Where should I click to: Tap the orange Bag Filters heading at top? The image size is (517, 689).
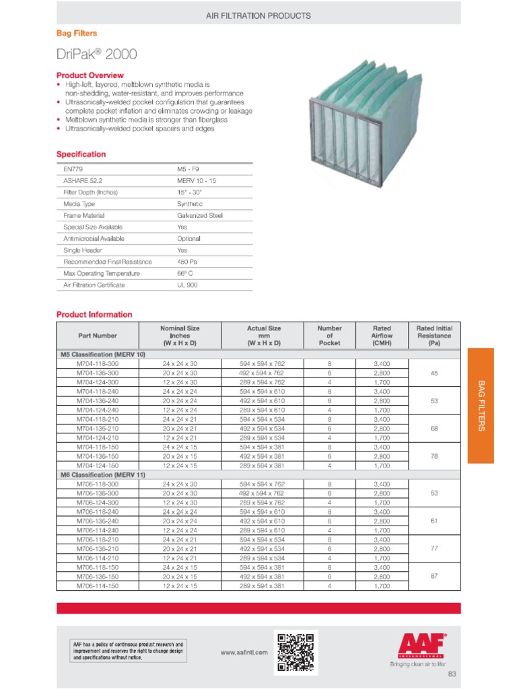tap(76, 33)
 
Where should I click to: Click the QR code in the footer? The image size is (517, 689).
tap(296, 652)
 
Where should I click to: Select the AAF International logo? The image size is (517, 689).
tap(423, 647)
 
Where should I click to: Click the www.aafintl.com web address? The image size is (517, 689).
tap(244, 652)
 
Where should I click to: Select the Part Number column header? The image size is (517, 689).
tap(97, 335)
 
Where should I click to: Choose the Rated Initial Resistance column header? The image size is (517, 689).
tap(434, 335)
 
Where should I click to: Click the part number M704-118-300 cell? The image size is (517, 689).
tap(97, 363)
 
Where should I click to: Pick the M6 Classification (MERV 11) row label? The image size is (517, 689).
tap(102, 474)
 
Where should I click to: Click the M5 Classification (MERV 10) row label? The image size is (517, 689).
tap(102, 353)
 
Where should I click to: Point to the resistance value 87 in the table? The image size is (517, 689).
tap(434, 577)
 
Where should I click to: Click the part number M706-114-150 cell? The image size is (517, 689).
tap(97, 586)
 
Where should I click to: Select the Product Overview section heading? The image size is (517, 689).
tap(90, 75)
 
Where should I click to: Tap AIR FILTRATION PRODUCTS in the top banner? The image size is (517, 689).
tap(258, 15)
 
